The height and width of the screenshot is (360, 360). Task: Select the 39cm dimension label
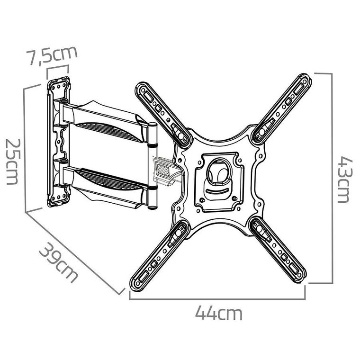tap(57, 261)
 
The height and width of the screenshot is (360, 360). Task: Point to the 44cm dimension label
tap(218, 313)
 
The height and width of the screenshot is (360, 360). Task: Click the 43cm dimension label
tap(342, 179)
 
